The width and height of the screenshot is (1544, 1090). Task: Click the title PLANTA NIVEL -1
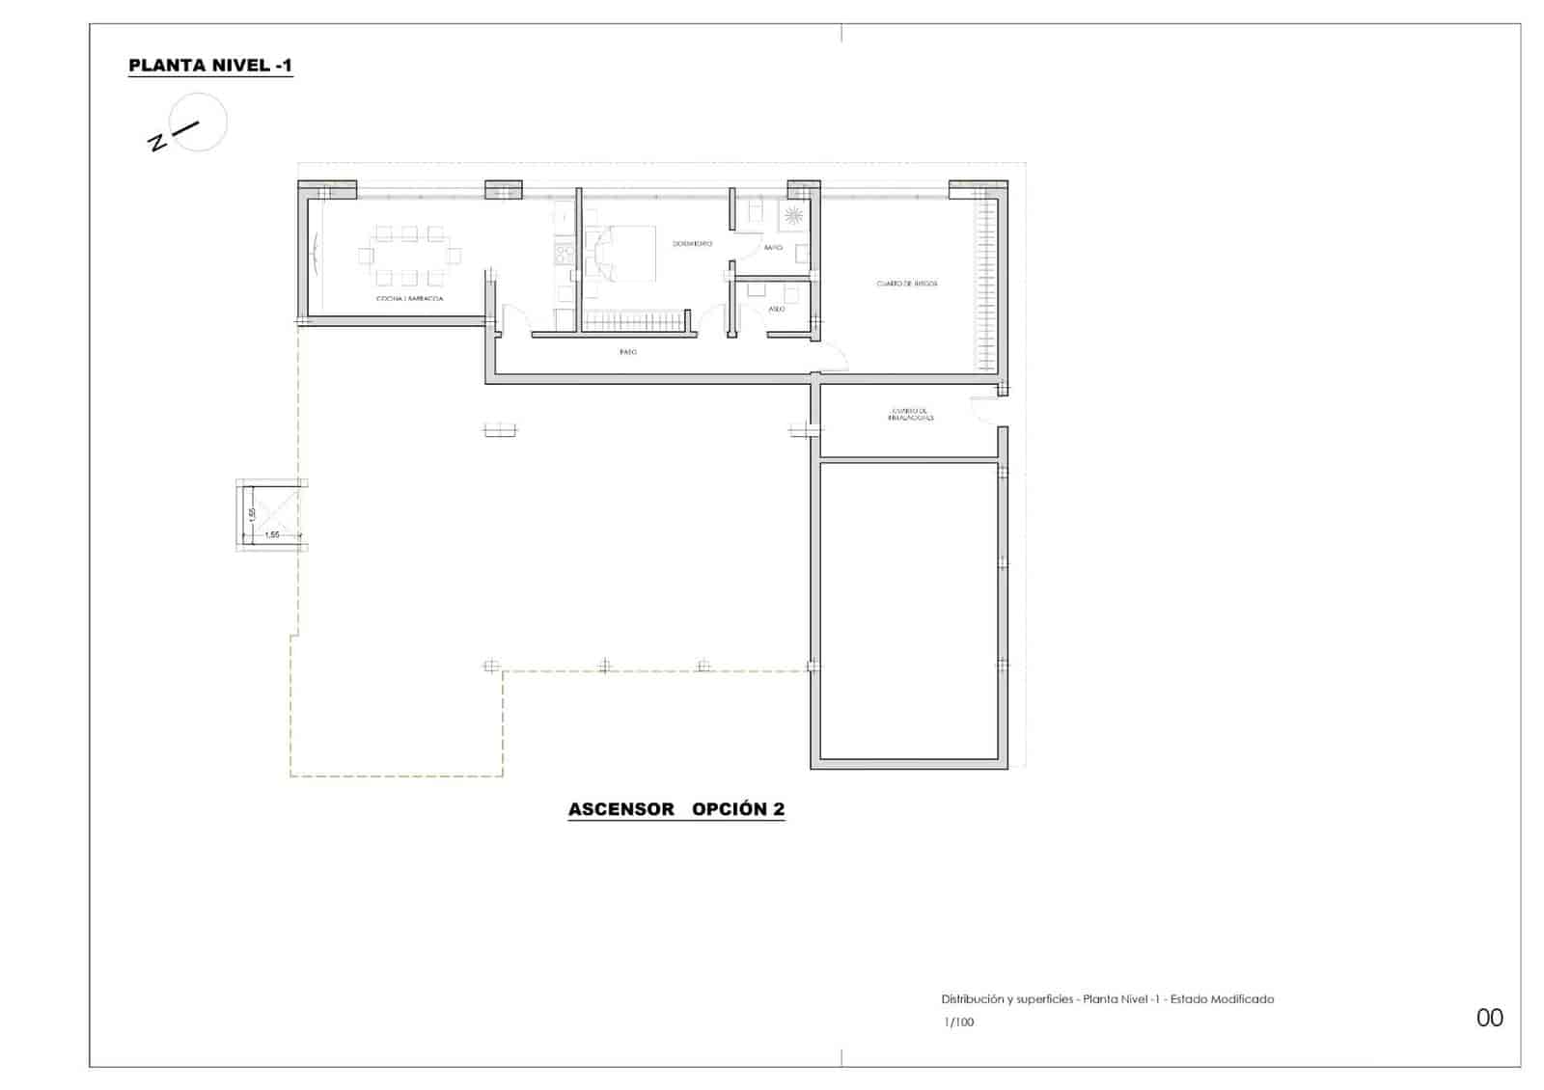tap(210, 66)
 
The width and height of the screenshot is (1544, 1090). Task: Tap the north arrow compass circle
tap(200, 122)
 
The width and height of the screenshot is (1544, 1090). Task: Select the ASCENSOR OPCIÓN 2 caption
tap(675, 809)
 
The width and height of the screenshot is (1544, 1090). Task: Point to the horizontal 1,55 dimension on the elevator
tap(272, 534)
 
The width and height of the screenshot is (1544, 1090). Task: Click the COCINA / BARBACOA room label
tap(410, 299)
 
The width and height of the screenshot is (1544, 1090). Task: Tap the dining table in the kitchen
tap(410, 256)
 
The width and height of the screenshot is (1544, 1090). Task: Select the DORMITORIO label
tap(692, 244)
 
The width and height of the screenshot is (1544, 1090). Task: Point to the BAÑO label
tap(773, 248)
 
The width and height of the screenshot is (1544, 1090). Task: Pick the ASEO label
tap(777, 309)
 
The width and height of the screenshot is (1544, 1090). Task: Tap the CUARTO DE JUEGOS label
tap(906, 284)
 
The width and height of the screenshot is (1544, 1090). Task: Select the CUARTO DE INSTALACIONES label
tap(911, 415)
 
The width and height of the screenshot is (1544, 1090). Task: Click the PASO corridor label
tap(628, 352)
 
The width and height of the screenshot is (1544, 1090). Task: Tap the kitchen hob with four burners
tap(564, 254)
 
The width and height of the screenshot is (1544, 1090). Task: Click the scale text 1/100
tap(959, 1022)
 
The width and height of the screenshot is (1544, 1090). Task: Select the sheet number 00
tap(1489, 1018)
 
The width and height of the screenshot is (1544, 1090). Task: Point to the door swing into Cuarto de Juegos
tap(832, 362)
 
